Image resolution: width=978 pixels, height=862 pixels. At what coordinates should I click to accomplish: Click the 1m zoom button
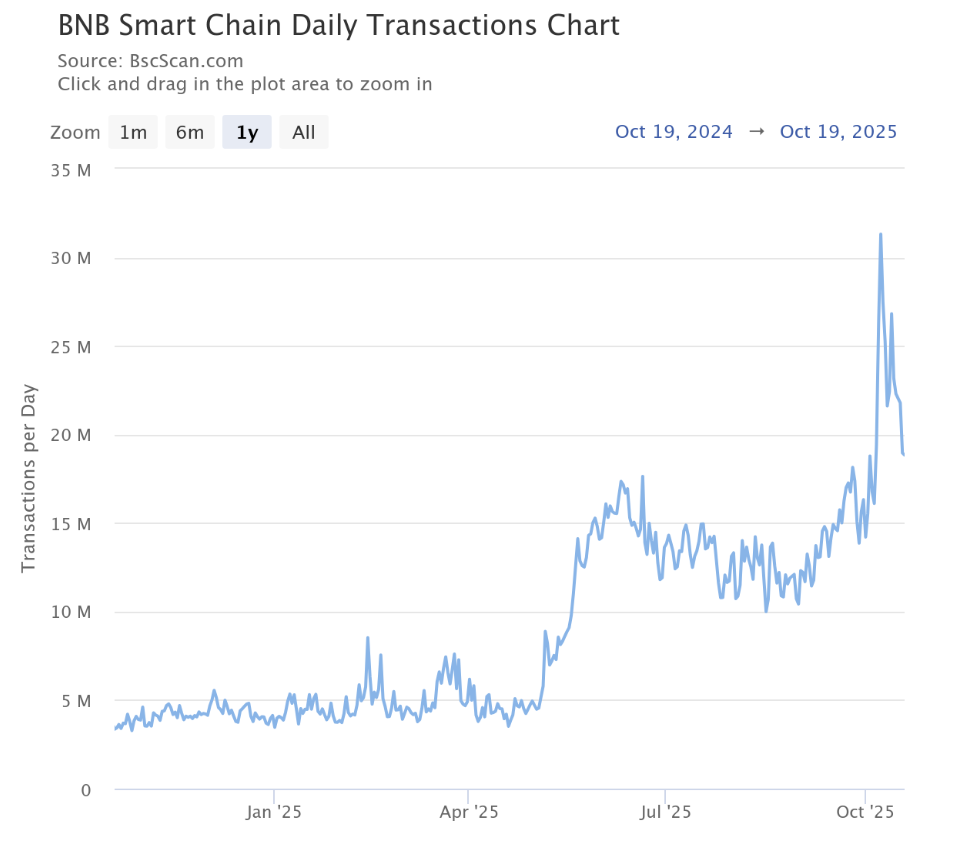pyautogui.click(x=133, y=132)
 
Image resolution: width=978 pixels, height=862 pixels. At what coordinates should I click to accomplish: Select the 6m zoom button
pyautogui.click(x=190, y=132)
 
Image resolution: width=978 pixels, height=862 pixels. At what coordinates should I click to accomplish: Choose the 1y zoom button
pyautogui.click(x=247, y=132)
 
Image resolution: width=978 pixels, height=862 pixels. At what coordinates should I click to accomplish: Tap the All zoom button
pyautogui.click(x=304, y=132)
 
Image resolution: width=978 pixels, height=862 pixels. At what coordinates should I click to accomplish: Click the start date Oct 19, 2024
pyautogui.click(x=674, y=132)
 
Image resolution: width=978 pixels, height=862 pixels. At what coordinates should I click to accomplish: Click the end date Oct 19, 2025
pyautogui.click(x=838, y=132)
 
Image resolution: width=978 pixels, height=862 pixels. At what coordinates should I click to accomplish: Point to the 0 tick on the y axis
pyautogui.click(x=86, y=789)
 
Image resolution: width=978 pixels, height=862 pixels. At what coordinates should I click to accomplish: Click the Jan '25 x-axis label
pyautogui.click(x=274, y=812)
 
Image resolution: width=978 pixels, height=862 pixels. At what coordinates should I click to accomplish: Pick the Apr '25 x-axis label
pyautogui.click(x=469, y=812)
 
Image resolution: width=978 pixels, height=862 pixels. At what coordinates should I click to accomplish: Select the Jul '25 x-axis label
pyautogui.click(x=665, y=812)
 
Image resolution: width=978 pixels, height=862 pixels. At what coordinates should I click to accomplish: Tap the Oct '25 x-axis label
pyautogui.click(x=865, y=812)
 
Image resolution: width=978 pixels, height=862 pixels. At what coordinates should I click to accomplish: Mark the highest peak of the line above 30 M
pyautogui.click(x=880, y=234)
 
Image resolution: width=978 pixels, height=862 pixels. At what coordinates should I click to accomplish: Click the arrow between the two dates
pyautogui.click(x=756, y=132)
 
